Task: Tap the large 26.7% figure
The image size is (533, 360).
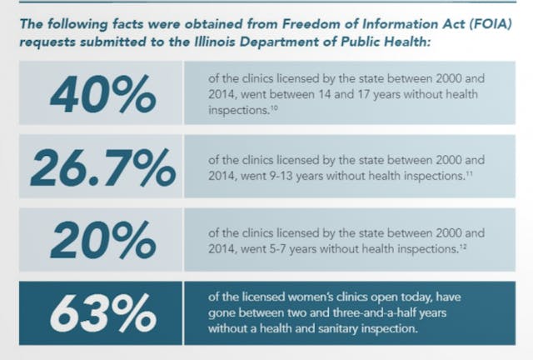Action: point(102,169)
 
